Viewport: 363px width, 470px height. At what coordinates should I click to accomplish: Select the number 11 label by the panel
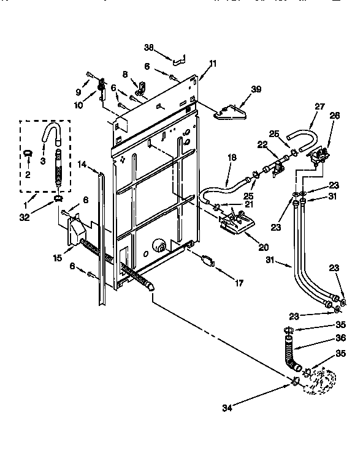tap(213, 63)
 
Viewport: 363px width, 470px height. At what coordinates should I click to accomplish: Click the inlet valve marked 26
tap(319, 154)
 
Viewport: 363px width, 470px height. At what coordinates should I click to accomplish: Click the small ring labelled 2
tap(28, 154)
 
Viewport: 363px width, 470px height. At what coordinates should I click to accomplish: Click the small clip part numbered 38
tap(178, 59)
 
